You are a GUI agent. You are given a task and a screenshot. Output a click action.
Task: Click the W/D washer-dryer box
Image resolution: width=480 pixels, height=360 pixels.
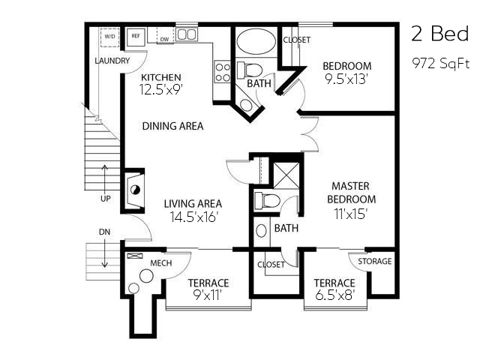click(110, 37)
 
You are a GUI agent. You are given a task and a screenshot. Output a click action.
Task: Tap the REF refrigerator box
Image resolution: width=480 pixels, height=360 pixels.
click(136, 37)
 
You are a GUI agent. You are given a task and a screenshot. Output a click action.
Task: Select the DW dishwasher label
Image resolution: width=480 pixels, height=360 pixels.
click(165, 40)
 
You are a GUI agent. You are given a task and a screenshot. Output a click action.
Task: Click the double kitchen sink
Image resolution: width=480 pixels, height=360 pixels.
click(187, 34)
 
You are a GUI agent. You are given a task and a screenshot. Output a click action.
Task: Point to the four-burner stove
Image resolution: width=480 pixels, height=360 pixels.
click(223, 71)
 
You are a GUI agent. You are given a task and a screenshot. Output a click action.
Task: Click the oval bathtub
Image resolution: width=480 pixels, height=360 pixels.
click(256, 42)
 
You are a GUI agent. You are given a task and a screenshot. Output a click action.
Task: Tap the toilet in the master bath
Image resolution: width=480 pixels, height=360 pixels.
click(267, 201)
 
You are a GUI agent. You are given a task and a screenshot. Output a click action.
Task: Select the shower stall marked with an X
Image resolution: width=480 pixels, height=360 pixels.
click(286, 175)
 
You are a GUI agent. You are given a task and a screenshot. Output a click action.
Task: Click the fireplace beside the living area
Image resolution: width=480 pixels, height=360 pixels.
click(133, 190)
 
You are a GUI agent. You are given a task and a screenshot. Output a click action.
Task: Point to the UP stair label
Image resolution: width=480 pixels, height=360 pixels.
click(105, 199)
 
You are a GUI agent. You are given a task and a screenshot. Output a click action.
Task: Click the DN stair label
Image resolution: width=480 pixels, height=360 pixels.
click(104, 232)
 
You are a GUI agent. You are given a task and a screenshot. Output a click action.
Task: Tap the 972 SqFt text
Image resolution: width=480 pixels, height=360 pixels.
click(441, 64)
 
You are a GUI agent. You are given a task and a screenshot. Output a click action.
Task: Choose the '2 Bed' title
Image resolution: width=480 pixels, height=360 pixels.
click(440, 34)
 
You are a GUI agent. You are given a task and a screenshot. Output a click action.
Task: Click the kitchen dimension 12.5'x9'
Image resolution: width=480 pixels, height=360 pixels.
click(161, 90)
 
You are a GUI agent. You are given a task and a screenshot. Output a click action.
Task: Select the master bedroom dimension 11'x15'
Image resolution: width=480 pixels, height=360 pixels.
click(351, 214)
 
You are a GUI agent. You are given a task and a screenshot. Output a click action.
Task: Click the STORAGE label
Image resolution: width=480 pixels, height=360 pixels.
click(375, 261)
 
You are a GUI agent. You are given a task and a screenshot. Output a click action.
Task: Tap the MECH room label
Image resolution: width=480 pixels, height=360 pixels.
click(161, 263)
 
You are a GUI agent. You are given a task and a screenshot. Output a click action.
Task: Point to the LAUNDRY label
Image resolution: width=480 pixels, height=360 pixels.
click(112, 61)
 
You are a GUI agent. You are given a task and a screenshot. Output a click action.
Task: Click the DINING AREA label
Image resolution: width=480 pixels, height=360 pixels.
click(173, 126)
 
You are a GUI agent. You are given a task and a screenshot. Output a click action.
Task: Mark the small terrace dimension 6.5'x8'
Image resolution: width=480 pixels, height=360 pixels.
click(335, 295)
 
